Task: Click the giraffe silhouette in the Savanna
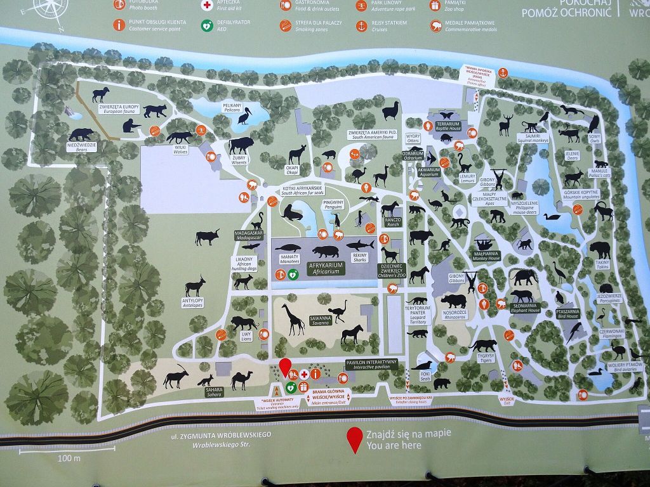click(294, 319)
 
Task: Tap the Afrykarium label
click(326, 268)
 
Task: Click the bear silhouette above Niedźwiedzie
click(81, 134)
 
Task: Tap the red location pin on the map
click(286, 366)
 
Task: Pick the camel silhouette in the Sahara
click(241, 379)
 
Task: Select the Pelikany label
click(233, 107)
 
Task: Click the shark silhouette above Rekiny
click(359, 244)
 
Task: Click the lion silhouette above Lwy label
click(244, 323)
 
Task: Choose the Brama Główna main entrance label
click(328, 398)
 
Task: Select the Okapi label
click(292, 169)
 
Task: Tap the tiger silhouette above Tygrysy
click(484, 345)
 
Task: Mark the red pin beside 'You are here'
click(354, 438)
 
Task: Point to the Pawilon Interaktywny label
click(371, 365)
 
